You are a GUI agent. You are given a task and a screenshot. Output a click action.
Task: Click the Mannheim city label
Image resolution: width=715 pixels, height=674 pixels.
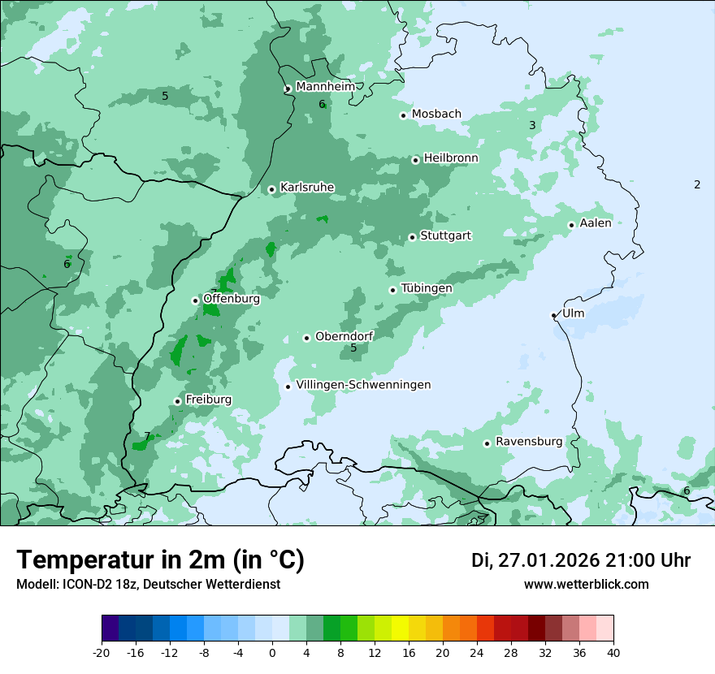325,87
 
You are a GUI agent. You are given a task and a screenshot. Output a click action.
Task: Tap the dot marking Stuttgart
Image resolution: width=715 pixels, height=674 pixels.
412,237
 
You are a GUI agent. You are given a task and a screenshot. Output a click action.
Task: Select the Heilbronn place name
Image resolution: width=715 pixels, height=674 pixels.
451,158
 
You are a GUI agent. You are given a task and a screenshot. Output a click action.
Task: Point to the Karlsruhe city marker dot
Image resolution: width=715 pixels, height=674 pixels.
271,189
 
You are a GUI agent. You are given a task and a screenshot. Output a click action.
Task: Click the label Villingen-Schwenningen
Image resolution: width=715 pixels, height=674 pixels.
363,384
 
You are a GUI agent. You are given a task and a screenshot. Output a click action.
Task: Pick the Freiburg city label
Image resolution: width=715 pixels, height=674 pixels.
208,400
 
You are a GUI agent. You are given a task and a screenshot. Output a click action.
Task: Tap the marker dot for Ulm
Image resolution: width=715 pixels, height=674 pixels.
553,315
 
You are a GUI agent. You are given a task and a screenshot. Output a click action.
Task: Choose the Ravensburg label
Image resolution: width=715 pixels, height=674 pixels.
528,442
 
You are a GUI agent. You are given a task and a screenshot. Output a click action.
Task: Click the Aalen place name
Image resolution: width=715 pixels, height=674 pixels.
596,223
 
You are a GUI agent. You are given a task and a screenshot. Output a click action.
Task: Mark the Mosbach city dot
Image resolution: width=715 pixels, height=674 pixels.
403,115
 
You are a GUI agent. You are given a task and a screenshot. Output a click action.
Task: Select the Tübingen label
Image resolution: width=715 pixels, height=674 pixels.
427,288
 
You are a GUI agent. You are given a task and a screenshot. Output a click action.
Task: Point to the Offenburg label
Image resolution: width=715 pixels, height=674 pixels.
232,298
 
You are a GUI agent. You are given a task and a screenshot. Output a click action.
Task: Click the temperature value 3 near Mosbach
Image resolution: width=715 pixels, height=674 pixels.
532,125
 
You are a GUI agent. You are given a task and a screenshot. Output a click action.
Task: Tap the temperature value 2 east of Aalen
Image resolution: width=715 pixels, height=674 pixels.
697,184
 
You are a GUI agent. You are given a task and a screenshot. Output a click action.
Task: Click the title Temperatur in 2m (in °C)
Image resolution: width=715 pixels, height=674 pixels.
160,560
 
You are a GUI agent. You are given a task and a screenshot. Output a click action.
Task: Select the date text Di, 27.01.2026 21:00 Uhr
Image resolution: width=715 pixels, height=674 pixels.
580,560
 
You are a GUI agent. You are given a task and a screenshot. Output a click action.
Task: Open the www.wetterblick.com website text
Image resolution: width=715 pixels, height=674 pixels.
586,584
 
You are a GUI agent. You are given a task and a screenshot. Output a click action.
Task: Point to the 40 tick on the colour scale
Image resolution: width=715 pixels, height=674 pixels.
613,652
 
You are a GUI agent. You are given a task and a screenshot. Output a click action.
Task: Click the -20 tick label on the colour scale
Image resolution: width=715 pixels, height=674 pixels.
102,652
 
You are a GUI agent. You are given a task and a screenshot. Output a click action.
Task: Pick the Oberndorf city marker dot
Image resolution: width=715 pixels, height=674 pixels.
306,338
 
